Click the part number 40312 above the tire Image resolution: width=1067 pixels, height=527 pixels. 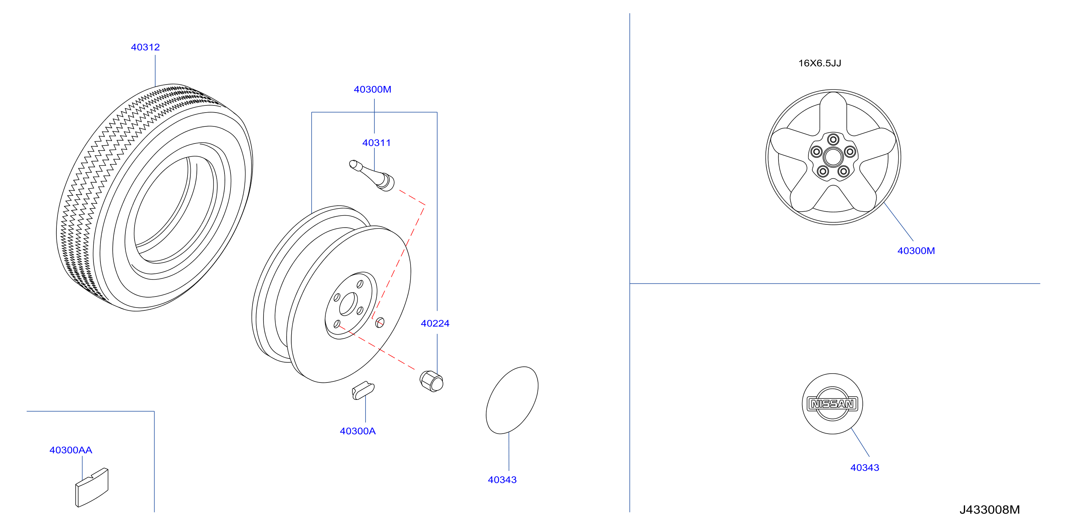[x=145, y=47]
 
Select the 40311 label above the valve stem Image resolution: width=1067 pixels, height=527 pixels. [x=377, y=143]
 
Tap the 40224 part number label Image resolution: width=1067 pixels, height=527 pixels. [x=435, y=323]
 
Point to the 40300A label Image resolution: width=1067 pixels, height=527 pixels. [x=357, y=431]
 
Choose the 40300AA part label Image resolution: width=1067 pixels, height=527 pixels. [x=71, y=450]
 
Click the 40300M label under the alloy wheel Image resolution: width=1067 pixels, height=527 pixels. [x=916, y=250]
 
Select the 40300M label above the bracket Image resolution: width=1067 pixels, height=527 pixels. [x=372, y=89]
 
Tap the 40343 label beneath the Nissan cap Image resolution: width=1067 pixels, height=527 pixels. [x=865, y=467]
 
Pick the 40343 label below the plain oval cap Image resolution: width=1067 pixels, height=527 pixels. [x=502, y=480]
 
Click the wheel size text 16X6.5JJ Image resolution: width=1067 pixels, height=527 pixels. [x=820, y=63]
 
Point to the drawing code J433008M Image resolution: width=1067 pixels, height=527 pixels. [x=990, y=510]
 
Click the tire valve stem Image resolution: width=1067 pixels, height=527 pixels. [x=372, y=175]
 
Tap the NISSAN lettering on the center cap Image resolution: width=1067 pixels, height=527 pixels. [x=833, y=404]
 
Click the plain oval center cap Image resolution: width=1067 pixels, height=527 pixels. [x=512, y=400]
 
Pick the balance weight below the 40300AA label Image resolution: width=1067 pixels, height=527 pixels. [x=92, y=487]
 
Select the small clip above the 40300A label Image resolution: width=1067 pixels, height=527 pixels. [x=363, y=390]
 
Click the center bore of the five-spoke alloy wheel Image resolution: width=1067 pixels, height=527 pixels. [x=833, y=157]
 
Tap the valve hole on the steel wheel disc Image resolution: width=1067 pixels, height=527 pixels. [x=380, y=322]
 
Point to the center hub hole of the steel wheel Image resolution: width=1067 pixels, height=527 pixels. [x=348, y=304]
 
